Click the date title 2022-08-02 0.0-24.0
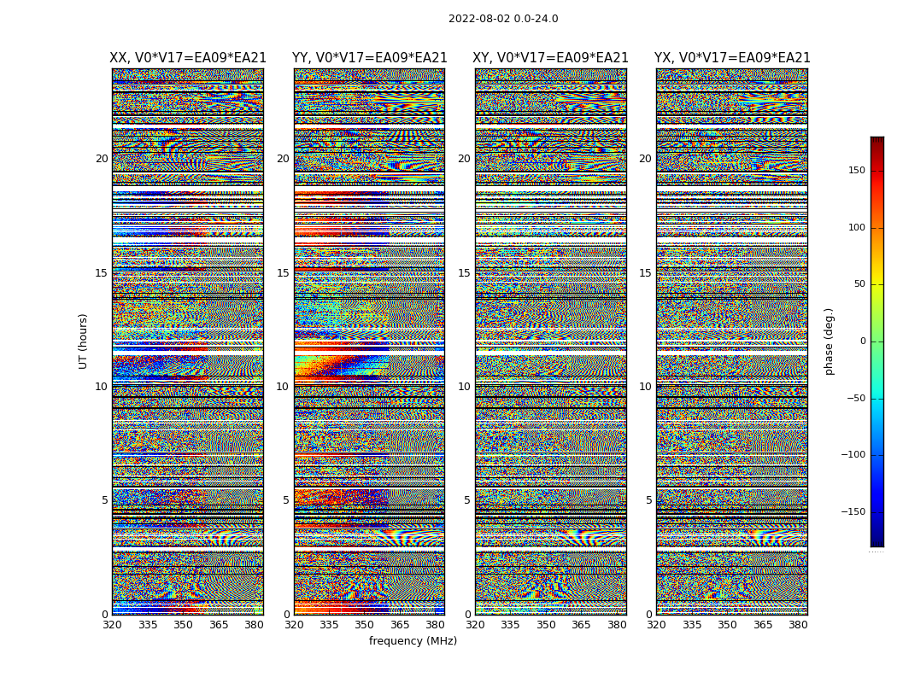point(503,19)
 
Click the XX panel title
point(188,58)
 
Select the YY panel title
point(369,58)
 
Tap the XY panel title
point(551,58)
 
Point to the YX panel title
point(732,58)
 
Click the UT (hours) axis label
point(83,341)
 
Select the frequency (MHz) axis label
point(413,641)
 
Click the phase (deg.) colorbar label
point(829,341)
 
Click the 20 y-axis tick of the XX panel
point(102,159)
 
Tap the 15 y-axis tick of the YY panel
point(283,273)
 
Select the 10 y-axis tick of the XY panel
point(464,387)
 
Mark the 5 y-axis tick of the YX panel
point(648,500)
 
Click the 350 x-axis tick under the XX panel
point(183,625)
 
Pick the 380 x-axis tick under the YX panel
point(798,625)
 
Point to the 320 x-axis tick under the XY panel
point(476,625)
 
